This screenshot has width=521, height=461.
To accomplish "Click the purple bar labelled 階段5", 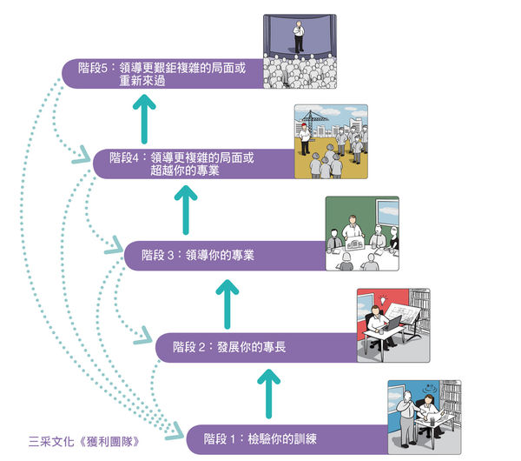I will click(x=165, y=73).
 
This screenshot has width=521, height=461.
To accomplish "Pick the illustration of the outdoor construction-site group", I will click(x=330, y=142).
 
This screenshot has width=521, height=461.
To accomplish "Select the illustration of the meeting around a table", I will click(x=361, y=233).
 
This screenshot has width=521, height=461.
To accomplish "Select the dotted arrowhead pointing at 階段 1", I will click(x=176, y=431).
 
